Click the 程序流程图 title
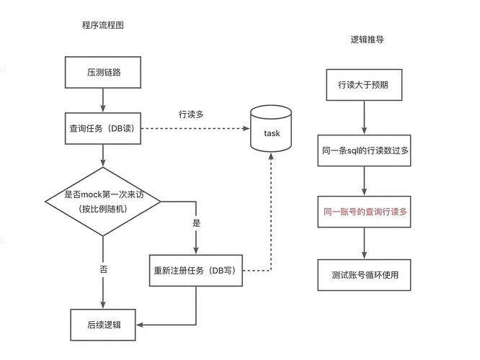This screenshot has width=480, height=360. point(103,25)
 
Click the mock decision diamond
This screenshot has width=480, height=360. point(103,202)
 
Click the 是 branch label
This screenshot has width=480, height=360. point(196,223)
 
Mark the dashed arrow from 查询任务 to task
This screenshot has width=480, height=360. point(195,130)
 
